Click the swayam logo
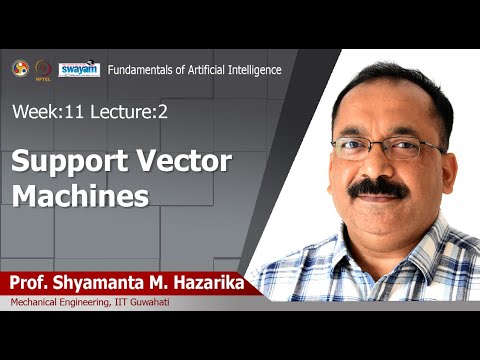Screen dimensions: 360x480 [78, 69]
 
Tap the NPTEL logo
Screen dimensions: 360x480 [44, 69]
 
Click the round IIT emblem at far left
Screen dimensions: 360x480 [20, 68]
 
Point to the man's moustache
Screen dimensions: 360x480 [379, 186]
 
